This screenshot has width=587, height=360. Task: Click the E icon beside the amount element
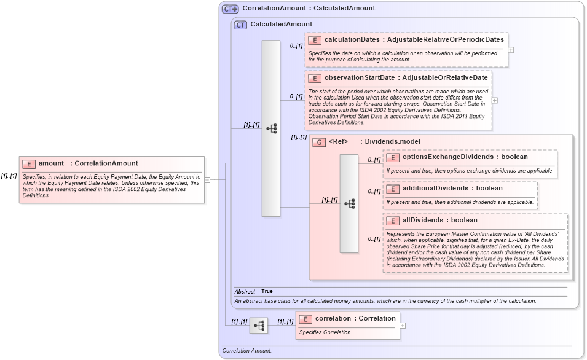pos(29,163)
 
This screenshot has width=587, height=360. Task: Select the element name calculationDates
pos(352,40)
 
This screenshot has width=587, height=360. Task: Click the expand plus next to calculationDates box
pos(511,50)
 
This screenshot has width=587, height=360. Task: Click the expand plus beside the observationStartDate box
pos(495,100)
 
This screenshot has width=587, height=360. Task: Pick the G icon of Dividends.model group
pos(318,142)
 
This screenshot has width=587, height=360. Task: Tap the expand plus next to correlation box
pos(403,326)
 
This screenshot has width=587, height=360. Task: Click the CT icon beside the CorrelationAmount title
pos(230,9)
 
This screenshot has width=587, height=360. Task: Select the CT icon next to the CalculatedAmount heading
pos(240,25)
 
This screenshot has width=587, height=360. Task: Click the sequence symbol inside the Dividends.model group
pos(349,203)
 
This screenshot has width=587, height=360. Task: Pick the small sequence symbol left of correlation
pos(258,325)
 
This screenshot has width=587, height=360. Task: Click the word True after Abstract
pos(267,291)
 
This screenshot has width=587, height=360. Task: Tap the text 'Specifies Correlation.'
pos(325,332)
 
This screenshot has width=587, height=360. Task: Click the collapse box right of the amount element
pos(208,180)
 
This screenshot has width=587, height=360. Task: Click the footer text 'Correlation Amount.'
pos(247,351)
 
